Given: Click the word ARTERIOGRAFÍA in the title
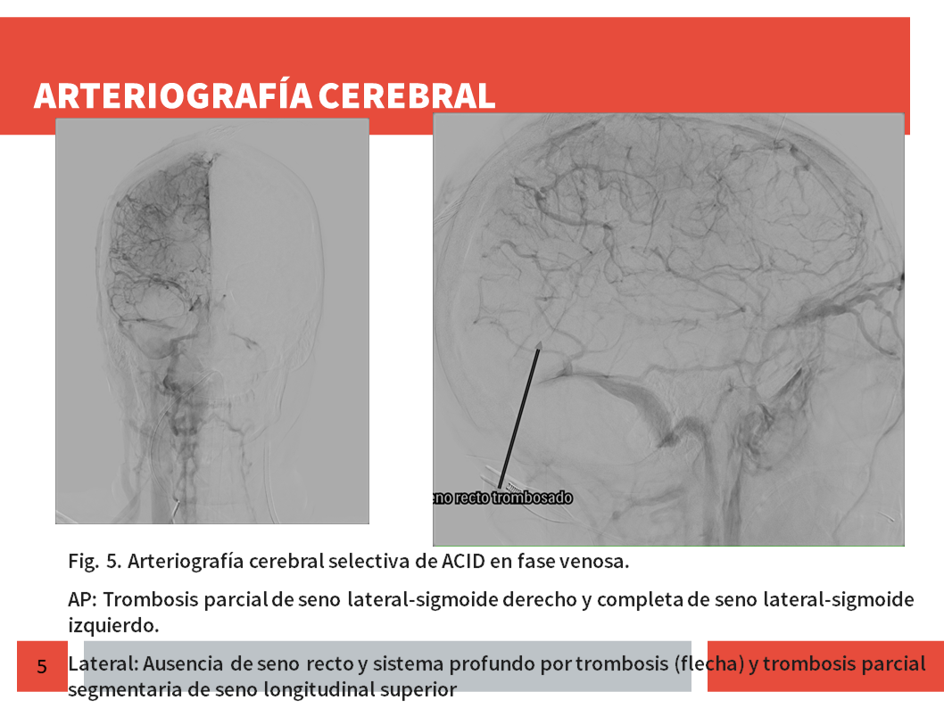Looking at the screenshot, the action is click(173, 95).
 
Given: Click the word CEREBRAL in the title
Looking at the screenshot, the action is click(407, 95).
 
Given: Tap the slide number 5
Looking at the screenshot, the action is click(42, 666).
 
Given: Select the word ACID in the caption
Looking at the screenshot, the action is click(463, 561).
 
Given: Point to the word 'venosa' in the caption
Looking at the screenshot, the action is click(594, 561).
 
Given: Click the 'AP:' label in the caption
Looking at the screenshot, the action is click(82, 600).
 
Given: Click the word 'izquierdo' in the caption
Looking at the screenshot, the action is click(113, 626).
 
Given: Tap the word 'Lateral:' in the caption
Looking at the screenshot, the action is click(104, 663).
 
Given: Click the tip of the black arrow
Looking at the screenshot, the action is click(539, 342).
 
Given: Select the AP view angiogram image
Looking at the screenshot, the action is click(212, 321).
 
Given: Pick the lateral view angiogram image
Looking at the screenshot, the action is click(668, 330).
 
